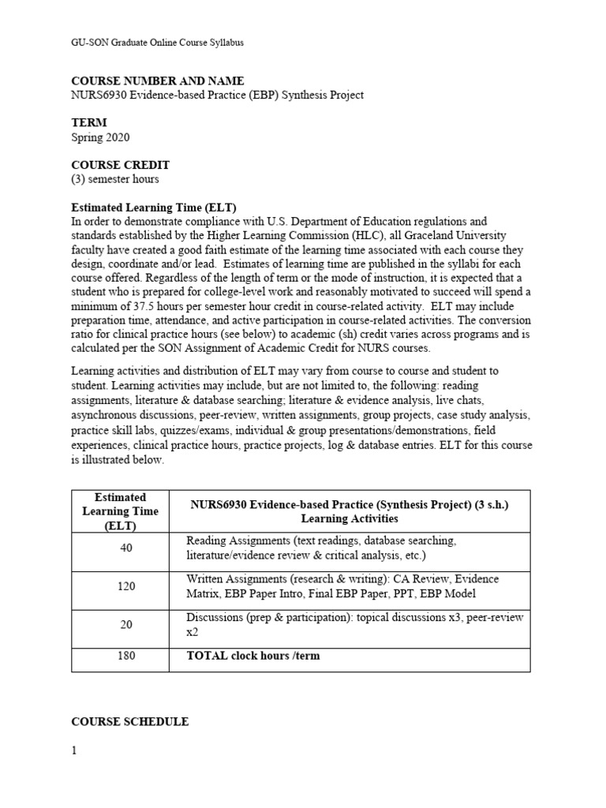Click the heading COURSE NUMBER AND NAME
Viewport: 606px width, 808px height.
pyautogui.click(x=158, y=81)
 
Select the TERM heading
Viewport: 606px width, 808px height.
pyautogui.click(x=89, y=123)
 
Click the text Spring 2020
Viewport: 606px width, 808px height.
pyautogui.click(x=100, y=137)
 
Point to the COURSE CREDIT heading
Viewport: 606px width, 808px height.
pyautogui.click(x=131, y=165)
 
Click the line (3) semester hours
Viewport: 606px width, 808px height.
pyautogui.click(x=115, y=179)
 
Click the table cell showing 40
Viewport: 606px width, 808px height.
pyautogui.click(x=126, y=548)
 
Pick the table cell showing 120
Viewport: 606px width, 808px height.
pyautogui.click(x=126, y=586)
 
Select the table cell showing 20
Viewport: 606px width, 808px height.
pyautogui.click(x=126, y=624)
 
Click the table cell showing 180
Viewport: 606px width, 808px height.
pyautogui.click(x=126, y=656)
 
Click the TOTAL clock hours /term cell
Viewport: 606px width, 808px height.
pyautogui.click(x=252, y=656)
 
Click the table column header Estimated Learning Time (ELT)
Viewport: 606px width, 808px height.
pyautogui.click(x=120, y=511)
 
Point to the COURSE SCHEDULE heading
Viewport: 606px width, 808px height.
pyautogui.click(x=129, y=721)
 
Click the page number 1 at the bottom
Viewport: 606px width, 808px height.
pyautogui.click(x=74, y=750)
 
